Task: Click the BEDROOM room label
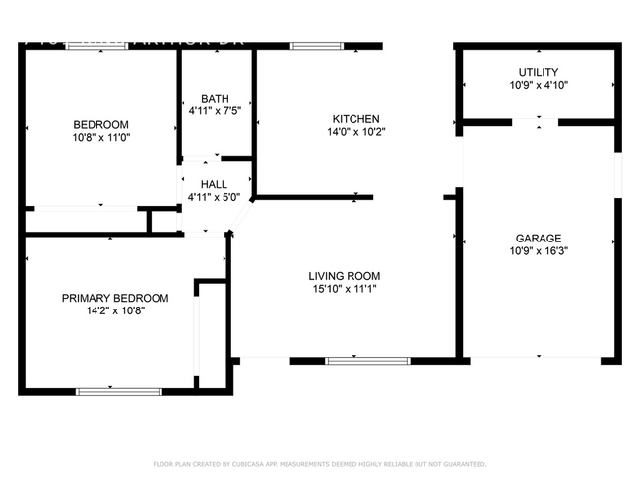click(x=100, y=124)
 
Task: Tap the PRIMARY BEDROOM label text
click(x=115, y=298)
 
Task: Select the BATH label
click(x=215, y=99)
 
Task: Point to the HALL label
click(x=215, y=184)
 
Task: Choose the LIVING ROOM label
click(x=344, y=276)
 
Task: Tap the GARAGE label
click(x=539, y=238)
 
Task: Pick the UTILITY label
click(x=539, y=72)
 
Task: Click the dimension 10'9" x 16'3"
click(x=539, y=251)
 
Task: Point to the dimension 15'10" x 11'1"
click(x=344, y=290)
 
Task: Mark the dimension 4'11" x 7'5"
click(x=215, y=112)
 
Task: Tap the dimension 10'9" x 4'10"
click(x=539, y=86)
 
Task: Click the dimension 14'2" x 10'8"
click(x=115, y=311)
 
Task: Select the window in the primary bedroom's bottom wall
click(x=118, y=391)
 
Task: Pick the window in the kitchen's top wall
click(x=316, y=45)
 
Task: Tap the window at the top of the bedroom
click(x=96, y=46)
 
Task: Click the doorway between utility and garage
click(x=538, y=122)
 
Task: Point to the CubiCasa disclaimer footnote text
click(x=320, y=463)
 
